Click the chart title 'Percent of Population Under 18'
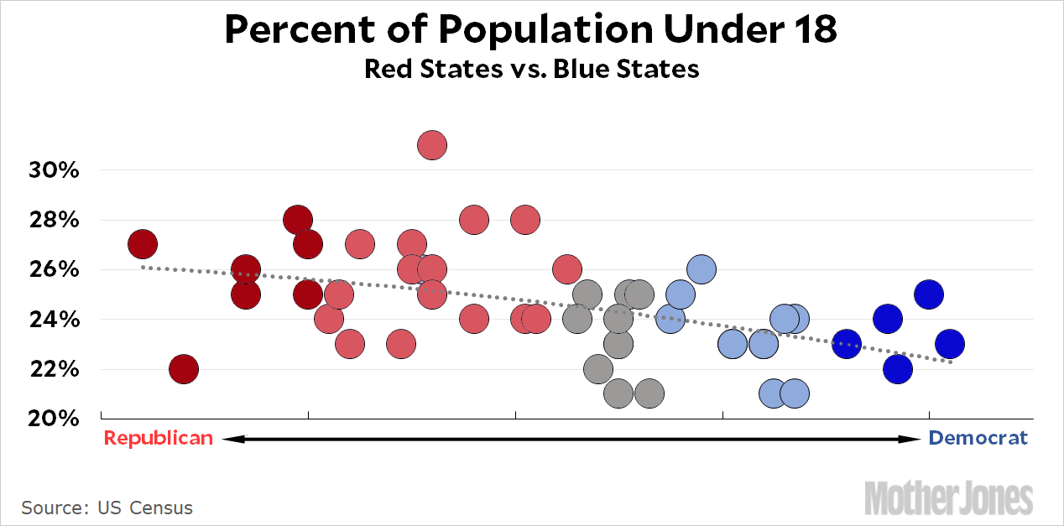tap(531, 31)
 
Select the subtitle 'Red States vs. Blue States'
tap(531, 68)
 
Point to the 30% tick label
tap(55, 170)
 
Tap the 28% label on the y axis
tap(55, 221)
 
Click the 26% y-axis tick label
tap(55, 270)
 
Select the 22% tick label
tap(55, 369)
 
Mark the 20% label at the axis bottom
tap(55, 419)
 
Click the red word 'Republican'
tap(158, 438)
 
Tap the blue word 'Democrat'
tap(978, 438)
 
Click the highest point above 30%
tap(431, 145)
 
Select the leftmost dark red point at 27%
tap(143, 244)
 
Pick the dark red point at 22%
tap(183, 368)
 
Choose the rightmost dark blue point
tap(949, 344)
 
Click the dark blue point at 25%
tap(928, 294)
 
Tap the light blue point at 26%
tap(701, 269)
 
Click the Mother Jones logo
tap(948, 498)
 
